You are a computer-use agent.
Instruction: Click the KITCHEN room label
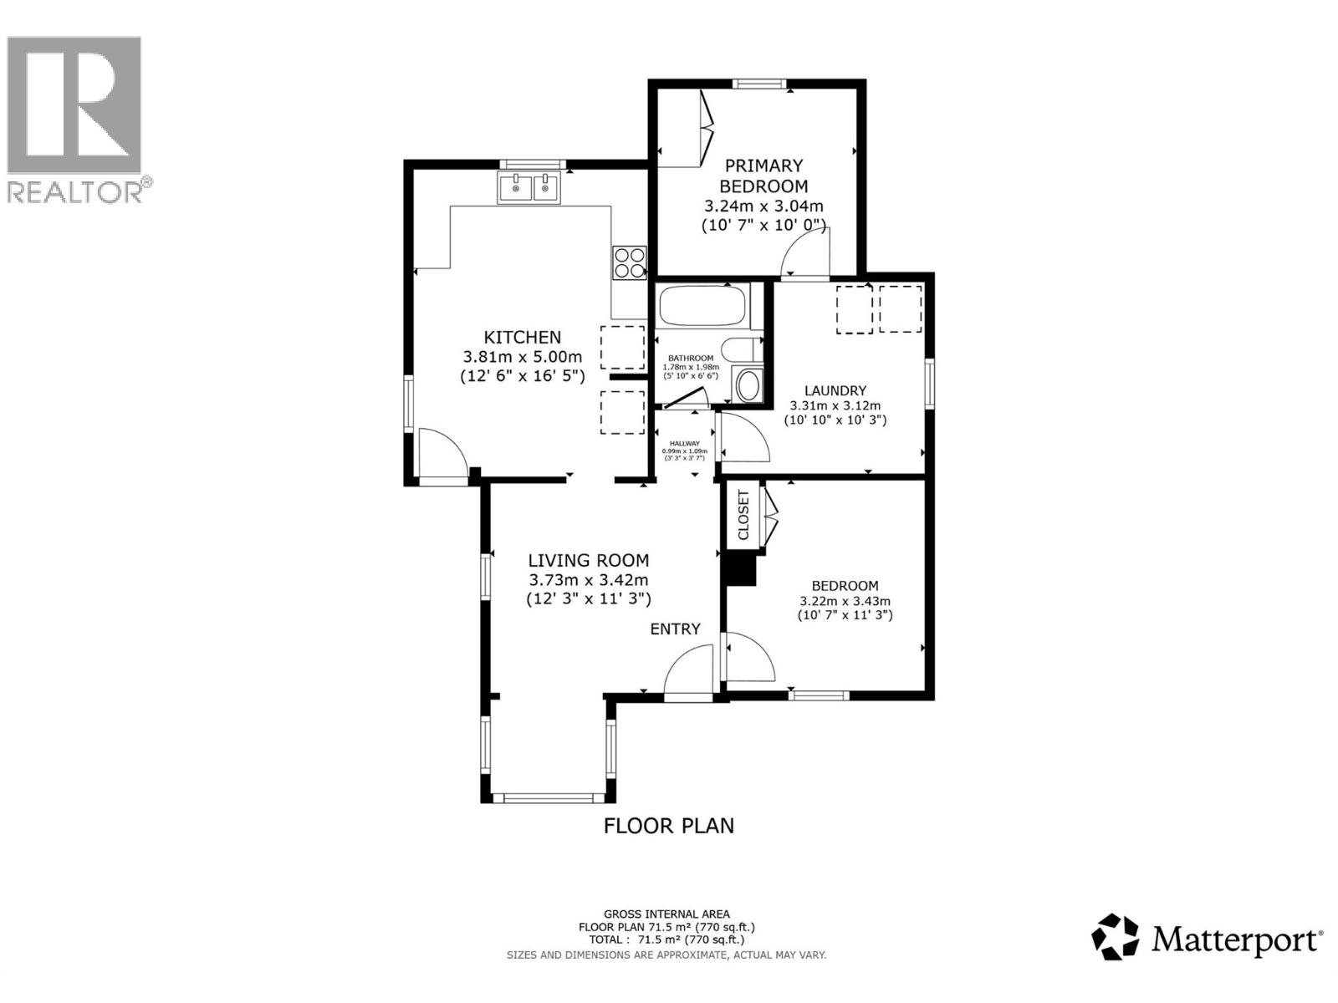coord(523,337)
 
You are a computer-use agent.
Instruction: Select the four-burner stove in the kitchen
coord(630,262)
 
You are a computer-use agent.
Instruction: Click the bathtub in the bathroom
coord(702,306)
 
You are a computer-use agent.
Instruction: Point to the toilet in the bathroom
coord(743,349)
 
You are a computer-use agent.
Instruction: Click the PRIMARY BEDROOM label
coord(763,176)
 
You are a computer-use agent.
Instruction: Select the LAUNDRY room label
coord(835,390)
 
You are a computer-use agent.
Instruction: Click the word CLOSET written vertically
coord(743,515)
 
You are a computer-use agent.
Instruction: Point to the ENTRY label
coord(675,629)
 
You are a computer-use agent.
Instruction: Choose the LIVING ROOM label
coord(588,561)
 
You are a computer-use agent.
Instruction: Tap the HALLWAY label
coord(684,444)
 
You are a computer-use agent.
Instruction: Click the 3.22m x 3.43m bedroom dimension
coord(845,601)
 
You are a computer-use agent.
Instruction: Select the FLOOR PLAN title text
coord(669,826)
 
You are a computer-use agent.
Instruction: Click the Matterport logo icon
coord(1116,937)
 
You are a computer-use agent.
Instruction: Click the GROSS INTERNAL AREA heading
coord(666,914)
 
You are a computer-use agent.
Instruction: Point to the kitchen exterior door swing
coord(442,456)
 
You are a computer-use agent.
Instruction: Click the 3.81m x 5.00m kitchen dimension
coord(523,357)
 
